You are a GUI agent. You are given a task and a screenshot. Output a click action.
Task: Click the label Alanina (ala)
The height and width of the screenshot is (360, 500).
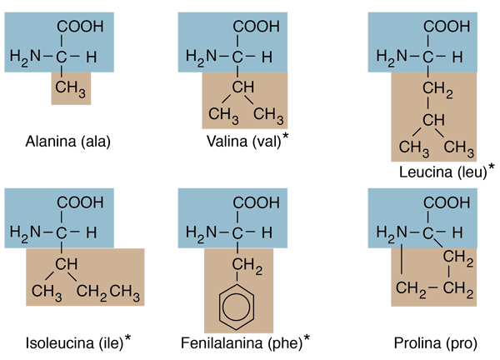click(68, 142)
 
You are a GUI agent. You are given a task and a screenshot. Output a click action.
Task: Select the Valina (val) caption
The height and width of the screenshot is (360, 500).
click(243, 142)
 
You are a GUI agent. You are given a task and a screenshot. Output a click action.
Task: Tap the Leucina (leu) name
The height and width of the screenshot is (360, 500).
click(443, 172)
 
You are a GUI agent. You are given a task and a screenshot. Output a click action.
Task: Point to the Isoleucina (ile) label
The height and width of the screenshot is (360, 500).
click(74, 343)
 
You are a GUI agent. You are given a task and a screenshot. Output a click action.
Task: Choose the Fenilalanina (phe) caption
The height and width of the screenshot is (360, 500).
click(242, 343)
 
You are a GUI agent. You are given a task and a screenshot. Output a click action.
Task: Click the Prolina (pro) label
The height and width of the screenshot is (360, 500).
click(436, 343)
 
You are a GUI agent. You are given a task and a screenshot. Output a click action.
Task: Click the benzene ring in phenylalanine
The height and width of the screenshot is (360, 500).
click(237, 307)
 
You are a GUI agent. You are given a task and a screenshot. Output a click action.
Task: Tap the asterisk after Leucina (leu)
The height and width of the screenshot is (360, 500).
click(492, 167)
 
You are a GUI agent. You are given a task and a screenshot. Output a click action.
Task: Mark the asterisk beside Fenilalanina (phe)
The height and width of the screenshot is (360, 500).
click(307, 337)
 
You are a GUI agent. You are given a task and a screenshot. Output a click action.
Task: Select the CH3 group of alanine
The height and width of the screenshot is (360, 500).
click(71, 88)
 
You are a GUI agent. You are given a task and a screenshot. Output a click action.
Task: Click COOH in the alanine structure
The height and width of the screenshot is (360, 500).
click(80, 27)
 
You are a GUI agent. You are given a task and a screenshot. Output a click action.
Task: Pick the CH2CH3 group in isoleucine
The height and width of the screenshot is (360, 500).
click(107, 292)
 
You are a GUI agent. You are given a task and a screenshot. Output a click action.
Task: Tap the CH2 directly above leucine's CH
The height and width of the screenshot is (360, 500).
click(437, 89)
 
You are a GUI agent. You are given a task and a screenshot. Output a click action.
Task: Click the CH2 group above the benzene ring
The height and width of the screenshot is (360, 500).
click(247, 266)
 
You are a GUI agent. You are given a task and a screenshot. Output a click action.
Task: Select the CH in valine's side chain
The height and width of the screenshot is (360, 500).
click(243, 87)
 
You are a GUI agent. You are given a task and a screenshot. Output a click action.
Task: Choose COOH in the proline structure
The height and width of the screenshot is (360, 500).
click(447, 202)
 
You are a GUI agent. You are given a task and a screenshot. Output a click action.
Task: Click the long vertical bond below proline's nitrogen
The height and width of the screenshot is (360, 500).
click(401, 259)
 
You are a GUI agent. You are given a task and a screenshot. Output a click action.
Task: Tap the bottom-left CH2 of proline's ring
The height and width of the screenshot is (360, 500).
click(411, 289)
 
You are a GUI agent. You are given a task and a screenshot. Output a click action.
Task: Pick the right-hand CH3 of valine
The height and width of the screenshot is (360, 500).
click(268, 116)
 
